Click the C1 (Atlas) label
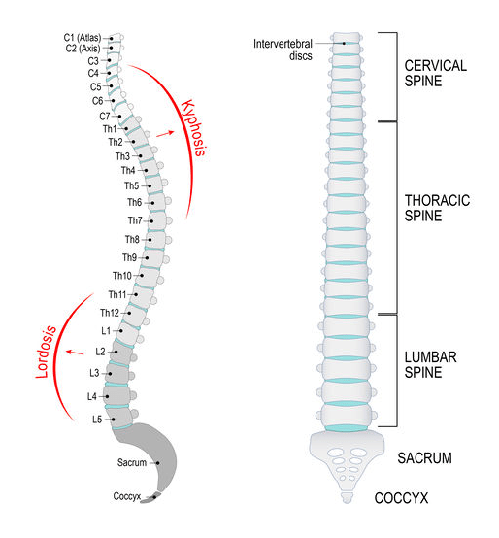click(x=83, y=38)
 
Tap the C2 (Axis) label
click(x=83, y=49)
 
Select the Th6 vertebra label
click(x=134, y=202)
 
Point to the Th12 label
click(x=110, y=313)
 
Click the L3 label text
click(x=94, y=373)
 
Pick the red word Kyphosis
click(x=194, y=128)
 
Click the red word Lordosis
click(x=46, y=353)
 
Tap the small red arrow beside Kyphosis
click(x=165, y=134)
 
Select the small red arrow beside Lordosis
click(x=75, y=353)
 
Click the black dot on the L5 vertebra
click(x=113, y=420)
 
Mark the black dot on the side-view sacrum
click(x=158, y=463)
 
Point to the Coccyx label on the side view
click(x=127, y=496)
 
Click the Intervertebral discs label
click(x=283, y=50)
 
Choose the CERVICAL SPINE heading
click(x=436, y=74)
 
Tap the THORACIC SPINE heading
click(x=437, y=208)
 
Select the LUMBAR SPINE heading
click(x=430, y=365)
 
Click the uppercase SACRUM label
click(x=424, y=458)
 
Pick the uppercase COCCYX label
click(x=401, y=498)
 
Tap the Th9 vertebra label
click(x=130, y=257)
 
